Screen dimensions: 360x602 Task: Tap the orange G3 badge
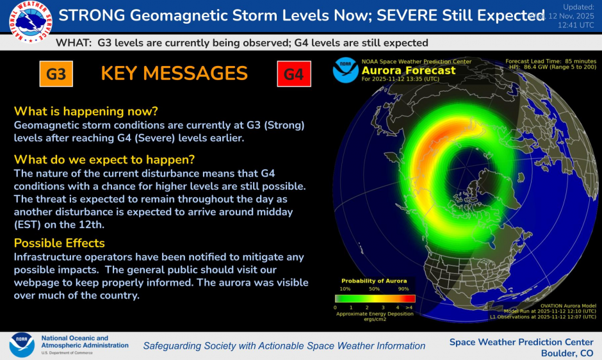click(56, 74)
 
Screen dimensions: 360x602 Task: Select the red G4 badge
click(293, 74)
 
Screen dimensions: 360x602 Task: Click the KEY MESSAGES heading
click(174, 74)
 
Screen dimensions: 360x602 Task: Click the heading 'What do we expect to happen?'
click(104, 158)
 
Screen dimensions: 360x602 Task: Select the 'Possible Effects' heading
click(60, 243)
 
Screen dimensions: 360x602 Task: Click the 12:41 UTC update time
click(576, 25)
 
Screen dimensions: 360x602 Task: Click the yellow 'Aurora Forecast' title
click(409, 70)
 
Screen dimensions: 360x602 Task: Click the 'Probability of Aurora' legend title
click(374, 281)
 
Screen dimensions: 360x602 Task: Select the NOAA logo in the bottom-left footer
click(22, 345)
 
